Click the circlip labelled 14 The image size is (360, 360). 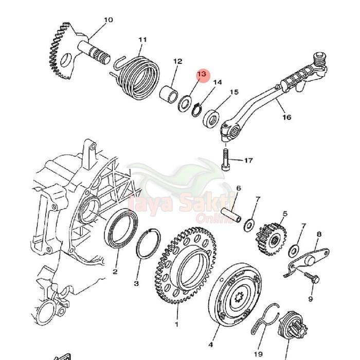(x=198, y=110)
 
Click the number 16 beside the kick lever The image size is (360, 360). (x=286, y=117)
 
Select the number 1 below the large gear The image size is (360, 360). (x=176, y=325)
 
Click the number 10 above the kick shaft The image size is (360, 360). (x=108, y=20)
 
